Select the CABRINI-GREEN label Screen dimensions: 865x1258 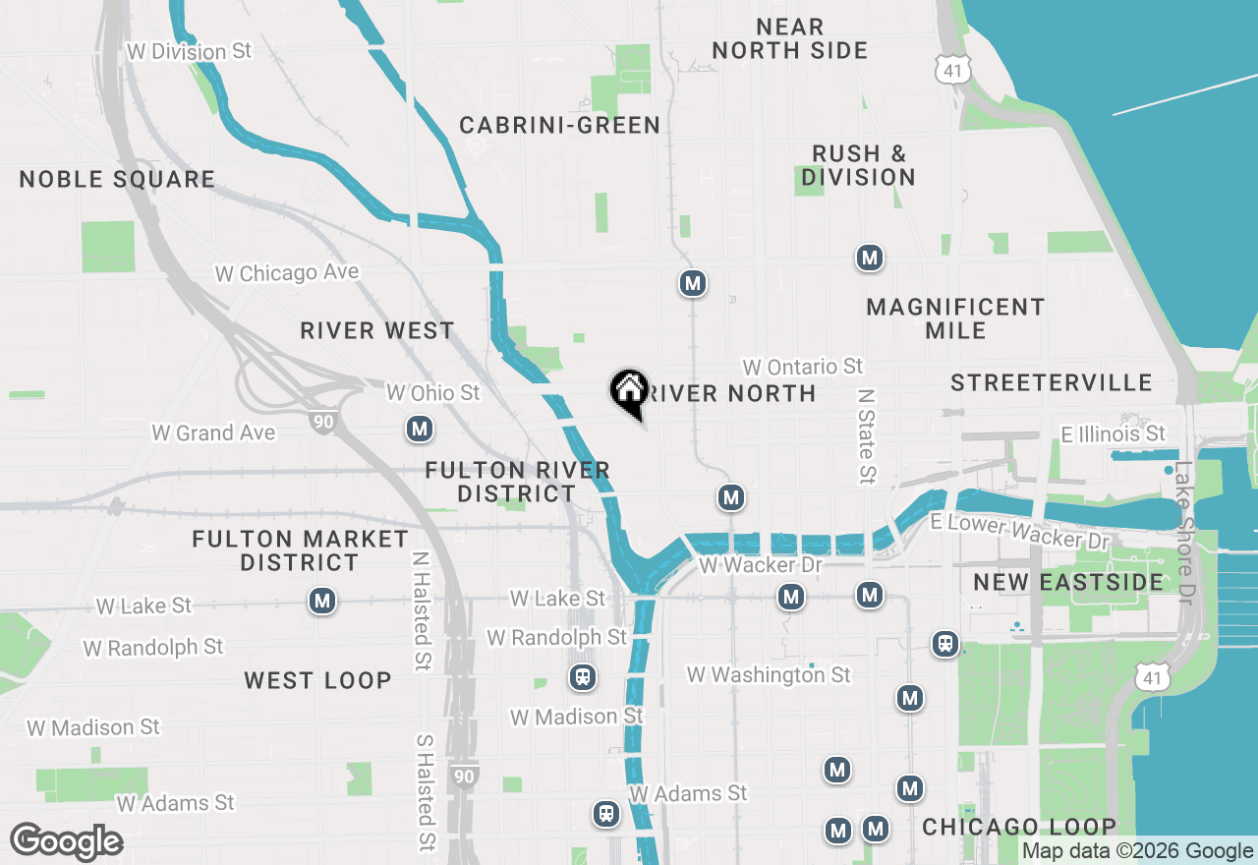tap(559, 125)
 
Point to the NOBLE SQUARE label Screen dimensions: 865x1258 tap(117, 179)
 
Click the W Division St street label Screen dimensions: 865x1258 tap(190, 51)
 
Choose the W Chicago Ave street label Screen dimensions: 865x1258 tap(287, 272)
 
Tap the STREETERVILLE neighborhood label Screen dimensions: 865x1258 tap(1051, 382)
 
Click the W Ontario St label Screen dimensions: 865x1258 tap(803, 367)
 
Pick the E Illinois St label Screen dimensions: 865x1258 tap(1113, 433)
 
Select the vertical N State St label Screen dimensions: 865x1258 tap(866, 436)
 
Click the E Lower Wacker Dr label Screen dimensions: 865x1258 tap(1019, 532)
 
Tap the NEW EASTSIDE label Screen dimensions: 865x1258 tap(1068, 582)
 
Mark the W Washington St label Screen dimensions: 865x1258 tap(769, 674)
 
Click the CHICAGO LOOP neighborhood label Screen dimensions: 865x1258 tap(1019, 827)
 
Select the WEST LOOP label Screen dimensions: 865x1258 tap(317, 680)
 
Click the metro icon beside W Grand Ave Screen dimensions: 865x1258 tap(420, 430)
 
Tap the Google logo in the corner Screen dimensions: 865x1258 tap(67, 841)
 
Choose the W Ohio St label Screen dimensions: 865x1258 tap(432, 393)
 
